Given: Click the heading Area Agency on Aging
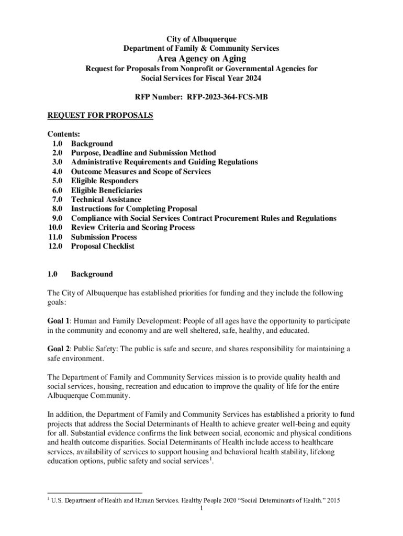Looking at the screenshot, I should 201,58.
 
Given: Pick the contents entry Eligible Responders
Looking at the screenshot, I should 105,181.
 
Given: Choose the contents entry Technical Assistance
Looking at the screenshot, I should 106,199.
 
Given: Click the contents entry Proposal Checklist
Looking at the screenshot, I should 103,246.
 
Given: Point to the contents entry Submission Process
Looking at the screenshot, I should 104,237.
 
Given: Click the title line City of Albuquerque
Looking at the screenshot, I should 201,39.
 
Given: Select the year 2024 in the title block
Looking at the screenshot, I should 251,78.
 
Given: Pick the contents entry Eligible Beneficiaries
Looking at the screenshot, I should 107,190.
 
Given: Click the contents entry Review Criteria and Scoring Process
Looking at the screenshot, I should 133,228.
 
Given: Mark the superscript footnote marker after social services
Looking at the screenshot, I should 210,460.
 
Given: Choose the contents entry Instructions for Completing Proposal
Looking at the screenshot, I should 134,209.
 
